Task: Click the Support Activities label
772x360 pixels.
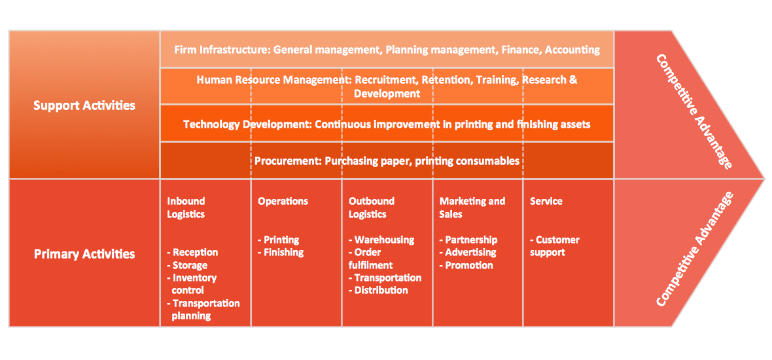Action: coord(84,105)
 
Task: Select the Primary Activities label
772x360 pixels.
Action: coord(84,254)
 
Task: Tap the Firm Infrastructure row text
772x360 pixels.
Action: coord(387,49)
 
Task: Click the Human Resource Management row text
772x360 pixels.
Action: coord(387,86)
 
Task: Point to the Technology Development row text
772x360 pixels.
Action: coord(387,124)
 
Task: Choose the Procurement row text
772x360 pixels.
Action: coord(387,160)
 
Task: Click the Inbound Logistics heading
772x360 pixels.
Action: coord(186,207)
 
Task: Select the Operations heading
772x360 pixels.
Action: coord(283,201)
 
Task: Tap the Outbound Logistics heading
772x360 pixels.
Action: coord(372,207)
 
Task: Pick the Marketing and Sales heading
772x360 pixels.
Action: coord(472,207)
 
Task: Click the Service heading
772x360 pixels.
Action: coord(546,201)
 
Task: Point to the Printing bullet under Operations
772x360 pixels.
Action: coord(281,240)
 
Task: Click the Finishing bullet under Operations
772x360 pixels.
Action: coord(283,252)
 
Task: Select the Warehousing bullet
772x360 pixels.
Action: coord(384,240)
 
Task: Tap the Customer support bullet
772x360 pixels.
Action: coord(554,246)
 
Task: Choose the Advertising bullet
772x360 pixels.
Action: coord(470,252)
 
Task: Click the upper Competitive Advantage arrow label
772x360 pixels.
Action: coord(693,111)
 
